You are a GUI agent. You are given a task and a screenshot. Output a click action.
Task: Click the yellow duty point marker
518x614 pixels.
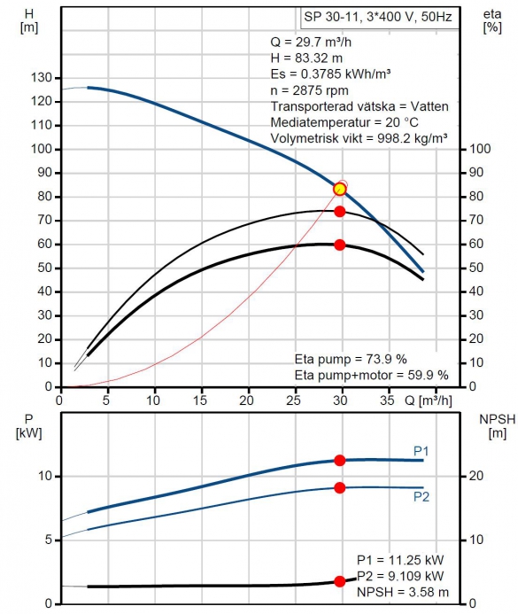tap(340, 189)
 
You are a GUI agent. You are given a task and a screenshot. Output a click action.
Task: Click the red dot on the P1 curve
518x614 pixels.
tap(340, 461)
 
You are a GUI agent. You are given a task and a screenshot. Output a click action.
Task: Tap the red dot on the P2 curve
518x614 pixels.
tap(340, 488)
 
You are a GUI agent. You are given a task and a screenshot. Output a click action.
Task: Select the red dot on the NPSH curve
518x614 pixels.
tap(340, 581)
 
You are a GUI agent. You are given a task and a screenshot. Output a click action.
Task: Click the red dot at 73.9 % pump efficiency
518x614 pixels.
tap(340, 212)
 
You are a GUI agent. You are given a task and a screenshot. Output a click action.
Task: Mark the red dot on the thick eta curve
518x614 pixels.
tap(340, 245)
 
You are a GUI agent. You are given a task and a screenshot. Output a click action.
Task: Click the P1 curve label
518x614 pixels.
tap(421, 451)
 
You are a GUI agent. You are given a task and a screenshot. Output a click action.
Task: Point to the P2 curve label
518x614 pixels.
tap(421, 497)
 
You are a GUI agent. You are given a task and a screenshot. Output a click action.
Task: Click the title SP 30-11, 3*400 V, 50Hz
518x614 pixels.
tap(378, 17)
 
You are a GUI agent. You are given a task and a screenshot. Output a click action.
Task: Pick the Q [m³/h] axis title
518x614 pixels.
tap(428, 400)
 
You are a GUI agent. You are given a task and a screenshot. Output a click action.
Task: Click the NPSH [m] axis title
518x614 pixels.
tap(498, 426)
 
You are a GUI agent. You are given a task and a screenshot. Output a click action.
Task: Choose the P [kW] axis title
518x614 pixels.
tap(28, 426)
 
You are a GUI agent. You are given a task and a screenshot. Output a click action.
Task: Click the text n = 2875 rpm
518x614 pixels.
tap(309, 90)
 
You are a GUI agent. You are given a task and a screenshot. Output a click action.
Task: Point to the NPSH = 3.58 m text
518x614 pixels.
tap(403, 592)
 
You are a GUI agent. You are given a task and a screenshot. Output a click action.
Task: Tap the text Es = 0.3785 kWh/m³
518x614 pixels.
tap(330, 74)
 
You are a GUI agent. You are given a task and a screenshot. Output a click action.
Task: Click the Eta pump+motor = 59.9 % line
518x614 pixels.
tap(371, 375)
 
